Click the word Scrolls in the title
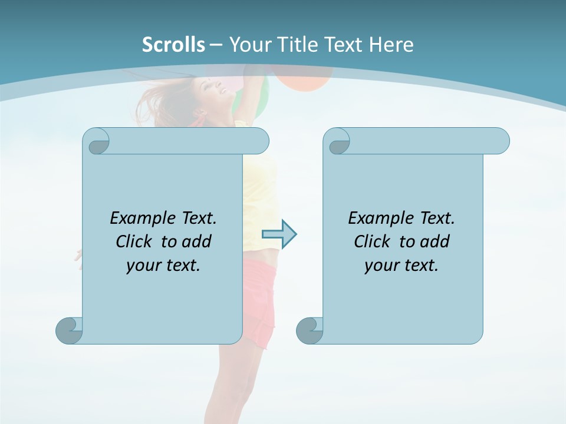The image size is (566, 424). [174, 44]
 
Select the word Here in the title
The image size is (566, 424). [391, 44]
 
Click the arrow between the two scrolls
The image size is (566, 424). [279, 234]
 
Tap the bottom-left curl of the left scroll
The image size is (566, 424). [69, 330]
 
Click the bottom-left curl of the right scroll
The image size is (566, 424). [310, 330]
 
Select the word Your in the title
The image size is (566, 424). [248, 44]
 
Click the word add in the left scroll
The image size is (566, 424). [196, 241]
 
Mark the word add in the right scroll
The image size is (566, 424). [435, 241]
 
